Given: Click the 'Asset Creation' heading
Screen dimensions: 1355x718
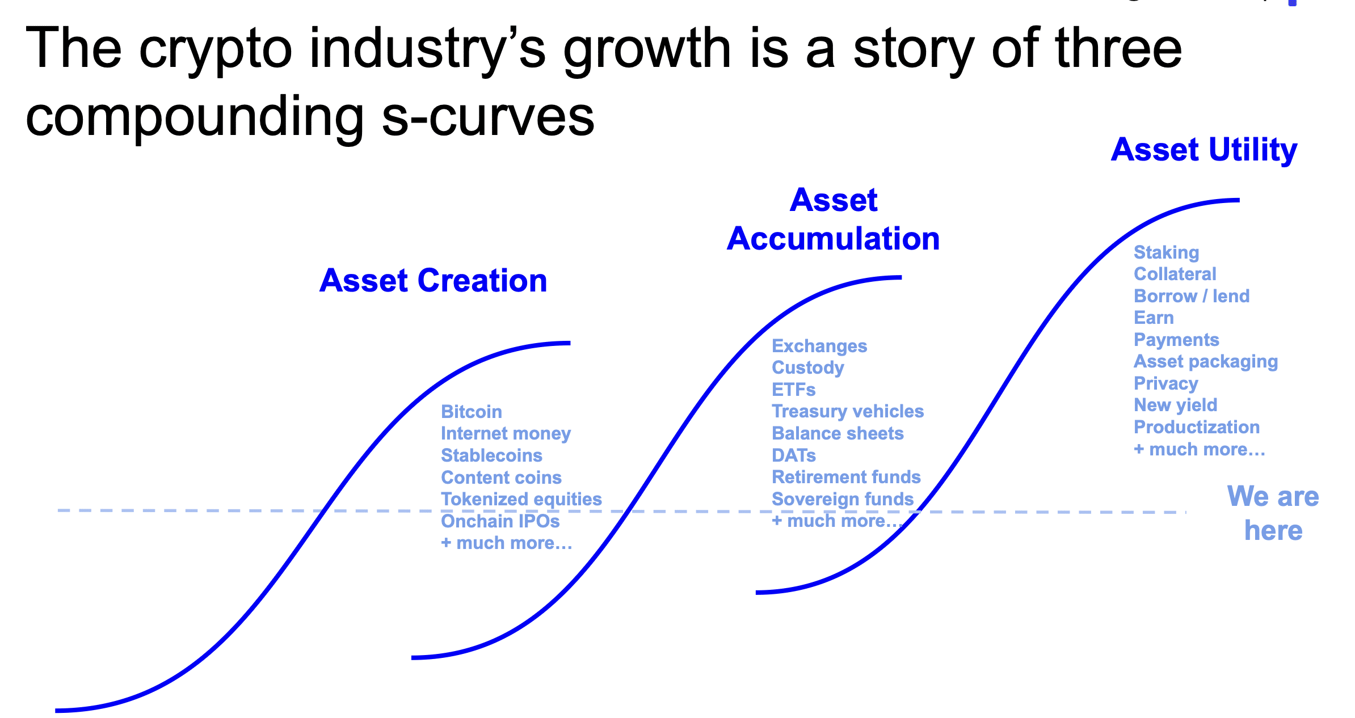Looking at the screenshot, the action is point(434,281).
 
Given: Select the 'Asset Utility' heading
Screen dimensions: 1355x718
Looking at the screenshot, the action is point(1204,150).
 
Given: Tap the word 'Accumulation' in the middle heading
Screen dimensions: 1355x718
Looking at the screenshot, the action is point(834,238).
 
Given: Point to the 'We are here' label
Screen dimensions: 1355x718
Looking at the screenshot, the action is point(1273,513).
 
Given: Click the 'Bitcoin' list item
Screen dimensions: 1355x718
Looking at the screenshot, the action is point(472,412).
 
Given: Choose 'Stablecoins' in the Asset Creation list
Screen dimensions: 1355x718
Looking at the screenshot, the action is point(491,455).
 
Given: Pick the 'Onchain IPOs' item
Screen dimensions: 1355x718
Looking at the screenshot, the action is point(500,521).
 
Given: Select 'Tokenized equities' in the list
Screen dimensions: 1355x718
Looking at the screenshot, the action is point(521,499).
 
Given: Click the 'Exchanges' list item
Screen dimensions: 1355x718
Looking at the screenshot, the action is point(819,346).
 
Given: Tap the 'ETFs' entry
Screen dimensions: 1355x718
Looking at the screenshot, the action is point(793,390).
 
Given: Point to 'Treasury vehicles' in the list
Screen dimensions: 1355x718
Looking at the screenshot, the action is point(848,411).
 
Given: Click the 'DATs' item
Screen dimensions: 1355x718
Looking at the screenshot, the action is point(794,455).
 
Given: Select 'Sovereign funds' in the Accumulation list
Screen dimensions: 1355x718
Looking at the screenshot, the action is point(843,499).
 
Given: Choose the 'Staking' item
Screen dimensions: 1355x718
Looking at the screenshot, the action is point(1166,252).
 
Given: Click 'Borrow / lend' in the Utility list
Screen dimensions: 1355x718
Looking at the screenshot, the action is point(1192,296).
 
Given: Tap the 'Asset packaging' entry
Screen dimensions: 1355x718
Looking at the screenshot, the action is point(1206,361).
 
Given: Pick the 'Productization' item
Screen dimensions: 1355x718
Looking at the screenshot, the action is point(1197,427).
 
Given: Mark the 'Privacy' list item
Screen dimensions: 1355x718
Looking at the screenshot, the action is point(1165,383).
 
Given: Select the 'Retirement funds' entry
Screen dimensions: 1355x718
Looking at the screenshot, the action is point(846,477).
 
